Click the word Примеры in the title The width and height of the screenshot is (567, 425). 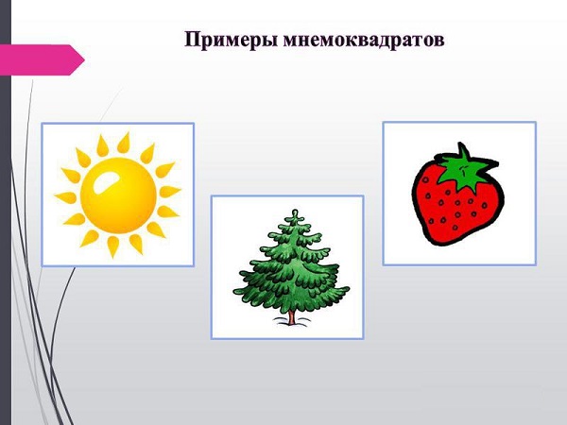[x=232, y=40]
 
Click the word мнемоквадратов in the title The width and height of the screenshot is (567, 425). [x=364, y=40]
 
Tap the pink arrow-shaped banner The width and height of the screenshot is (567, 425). [x=41, y=59]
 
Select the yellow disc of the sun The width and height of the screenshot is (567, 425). [x=118, y=195]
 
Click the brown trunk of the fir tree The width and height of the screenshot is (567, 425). [x=291, y=317]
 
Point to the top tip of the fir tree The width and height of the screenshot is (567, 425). [x=296, y=211]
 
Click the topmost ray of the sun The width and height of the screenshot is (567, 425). [x=124, y=143]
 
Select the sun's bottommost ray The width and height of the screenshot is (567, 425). [x=112, y=246]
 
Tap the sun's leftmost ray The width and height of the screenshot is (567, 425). [x=65, y=197]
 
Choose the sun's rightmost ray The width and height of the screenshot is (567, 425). [x=169, y=191]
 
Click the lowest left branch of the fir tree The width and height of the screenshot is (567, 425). [x=249, y=291]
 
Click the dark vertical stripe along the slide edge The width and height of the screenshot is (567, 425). [x=6, y=212]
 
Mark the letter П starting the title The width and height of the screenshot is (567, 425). [x=193, y=40]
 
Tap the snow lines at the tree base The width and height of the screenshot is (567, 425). [x=291, y=321]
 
